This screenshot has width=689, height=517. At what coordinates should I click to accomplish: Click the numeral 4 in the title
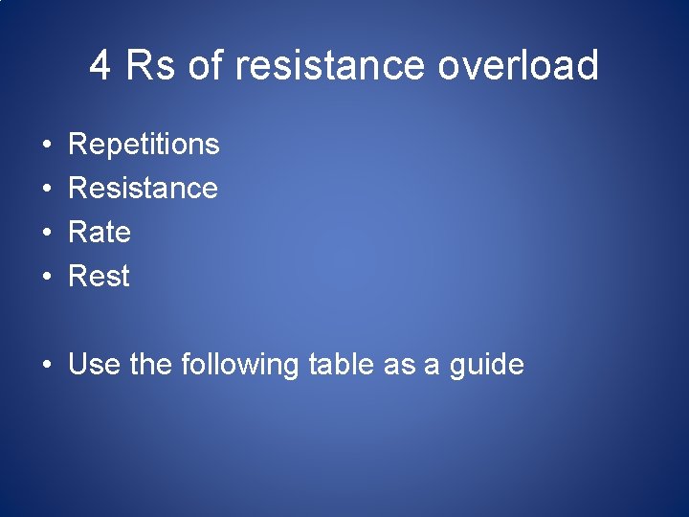100,66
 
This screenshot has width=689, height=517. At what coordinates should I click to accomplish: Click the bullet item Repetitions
144,145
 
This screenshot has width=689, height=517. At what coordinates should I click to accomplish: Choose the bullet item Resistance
143,188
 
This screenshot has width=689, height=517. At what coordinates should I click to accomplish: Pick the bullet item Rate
100,232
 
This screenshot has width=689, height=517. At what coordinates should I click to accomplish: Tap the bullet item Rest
99,276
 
